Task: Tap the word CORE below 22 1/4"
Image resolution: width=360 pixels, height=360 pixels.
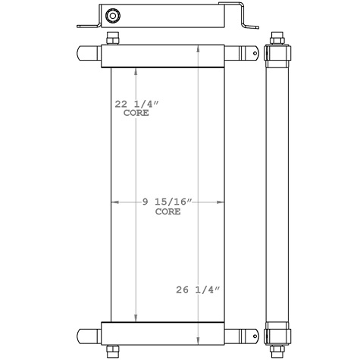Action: [x=136, y=114]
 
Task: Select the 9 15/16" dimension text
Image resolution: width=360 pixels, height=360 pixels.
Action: [x=168, y=202]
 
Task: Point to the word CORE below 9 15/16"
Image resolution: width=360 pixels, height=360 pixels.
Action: [x=168, y=212]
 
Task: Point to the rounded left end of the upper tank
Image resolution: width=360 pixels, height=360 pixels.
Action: [x=83, y=55]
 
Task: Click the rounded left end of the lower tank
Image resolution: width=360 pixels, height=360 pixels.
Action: [x=83, y=333]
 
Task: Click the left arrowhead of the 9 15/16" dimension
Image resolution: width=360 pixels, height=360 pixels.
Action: [x=115, y=202]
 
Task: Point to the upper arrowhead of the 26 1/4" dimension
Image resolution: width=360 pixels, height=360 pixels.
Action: [x=199, y=47]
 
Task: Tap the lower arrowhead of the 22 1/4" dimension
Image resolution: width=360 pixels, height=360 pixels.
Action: [x=136, y=318]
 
